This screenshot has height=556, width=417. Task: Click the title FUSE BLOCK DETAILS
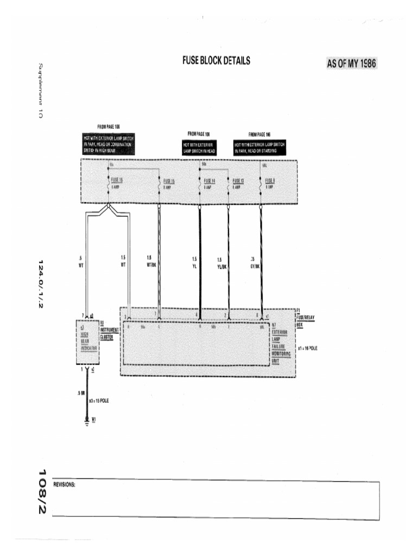(x=216, y=60)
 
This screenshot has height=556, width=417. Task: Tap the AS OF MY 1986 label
(x=351, y=64)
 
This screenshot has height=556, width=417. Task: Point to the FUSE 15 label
(x=169, y=180)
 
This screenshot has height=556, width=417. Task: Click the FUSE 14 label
(x=209, y=180)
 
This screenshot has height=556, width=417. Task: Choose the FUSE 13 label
(x=238, y=180)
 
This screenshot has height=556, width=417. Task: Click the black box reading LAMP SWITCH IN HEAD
(x=199, y=148)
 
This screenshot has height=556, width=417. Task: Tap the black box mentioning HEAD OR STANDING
(x=260, y=148)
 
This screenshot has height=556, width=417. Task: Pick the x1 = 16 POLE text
(x=307, y=348)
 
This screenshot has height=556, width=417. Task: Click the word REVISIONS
(x=64, y=485)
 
